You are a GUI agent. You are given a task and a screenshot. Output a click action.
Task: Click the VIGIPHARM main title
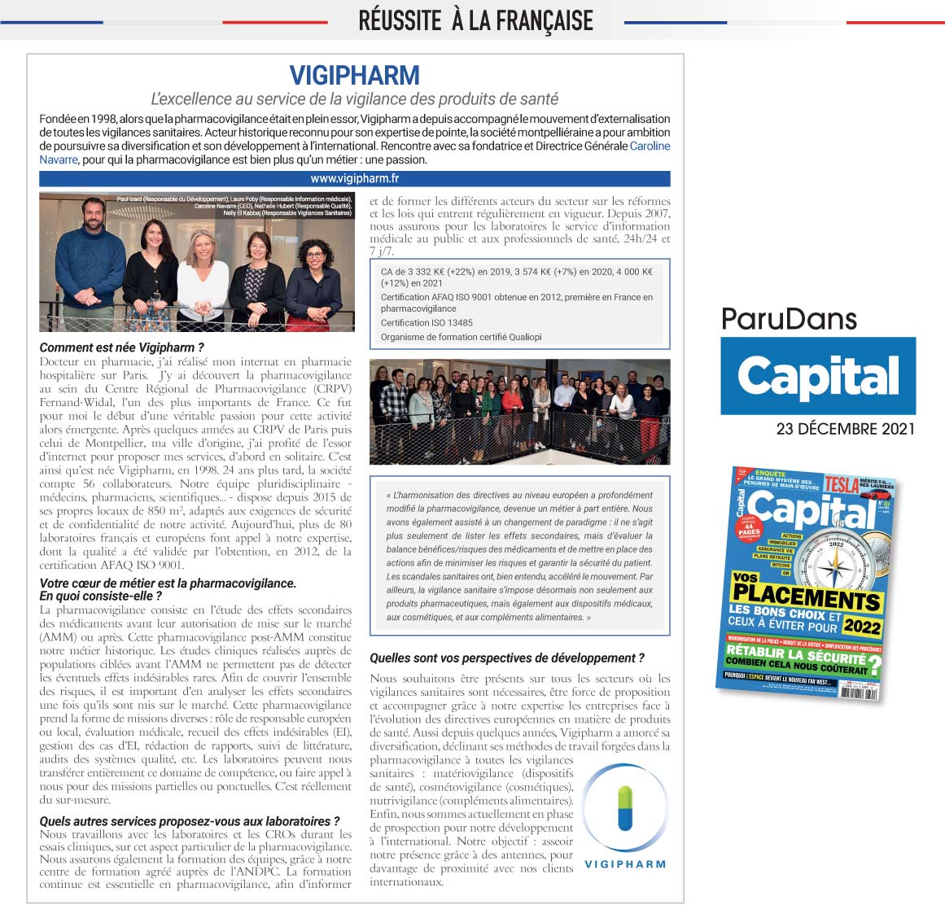click(355, 76)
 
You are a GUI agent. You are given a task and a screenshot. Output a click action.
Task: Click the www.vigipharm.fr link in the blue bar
click(355, 178)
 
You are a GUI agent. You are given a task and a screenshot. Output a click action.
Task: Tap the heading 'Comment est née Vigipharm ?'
click(122, 348)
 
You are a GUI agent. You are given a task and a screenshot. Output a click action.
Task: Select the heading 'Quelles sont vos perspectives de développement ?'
click(507, 658)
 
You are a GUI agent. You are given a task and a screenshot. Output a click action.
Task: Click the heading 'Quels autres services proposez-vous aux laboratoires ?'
click(190, 821)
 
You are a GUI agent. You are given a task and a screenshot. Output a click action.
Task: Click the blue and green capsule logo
click(625, 807)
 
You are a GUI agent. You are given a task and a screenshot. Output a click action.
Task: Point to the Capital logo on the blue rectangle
click(818, 376)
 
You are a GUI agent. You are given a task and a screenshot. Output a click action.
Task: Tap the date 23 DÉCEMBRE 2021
click(845, 429)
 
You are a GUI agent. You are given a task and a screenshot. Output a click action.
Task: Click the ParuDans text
click(789, 318)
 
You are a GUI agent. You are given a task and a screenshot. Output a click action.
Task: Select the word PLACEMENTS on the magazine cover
click(805, 594)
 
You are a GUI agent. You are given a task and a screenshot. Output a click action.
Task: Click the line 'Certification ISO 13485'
click(427, 322)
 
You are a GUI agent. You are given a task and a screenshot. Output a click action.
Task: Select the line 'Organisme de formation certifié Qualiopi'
click(461, 337)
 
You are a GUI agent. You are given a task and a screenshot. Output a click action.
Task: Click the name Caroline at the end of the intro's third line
click(650, 146)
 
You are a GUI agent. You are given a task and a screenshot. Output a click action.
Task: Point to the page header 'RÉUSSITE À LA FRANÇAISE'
click(475, 20)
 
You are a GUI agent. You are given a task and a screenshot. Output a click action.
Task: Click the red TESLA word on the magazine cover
click(841, 484)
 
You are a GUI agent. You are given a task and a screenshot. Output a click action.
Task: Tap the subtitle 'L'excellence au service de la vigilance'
click(355, 99)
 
